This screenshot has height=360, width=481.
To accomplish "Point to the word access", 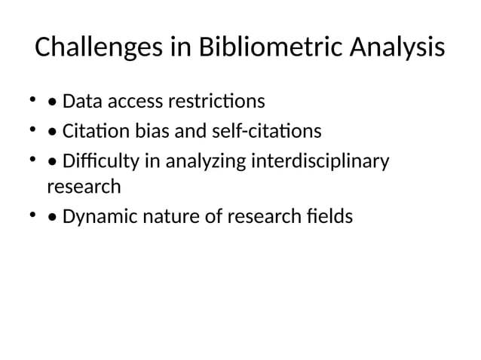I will [x=130, y=101].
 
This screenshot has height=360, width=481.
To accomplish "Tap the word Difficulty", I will [x=97, y=163].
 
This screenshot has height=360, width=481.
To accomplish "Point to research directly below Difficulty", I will [x=83, y=185].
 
